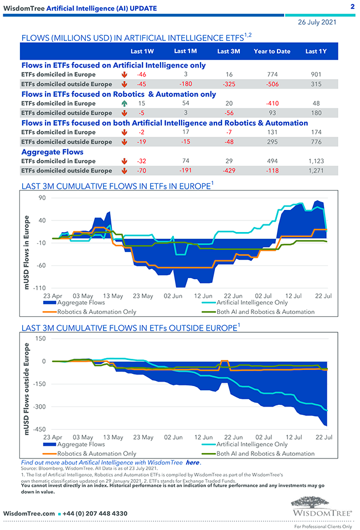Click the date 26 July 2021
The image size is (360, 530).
(x=316, y=22)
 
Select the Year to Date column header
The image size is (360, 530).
(x=272, y=52)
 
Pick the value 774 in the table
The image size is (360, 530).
(x=272, y=74)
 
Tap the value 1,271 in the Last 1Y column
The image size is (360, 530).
(x=315, y=171)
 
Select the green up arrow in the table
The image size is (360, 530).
(x=124, y=104)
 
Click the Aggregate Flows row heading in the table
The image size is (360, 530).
(x=53, y=152)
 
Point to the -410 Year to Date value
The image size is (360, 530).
(x=272, y=104)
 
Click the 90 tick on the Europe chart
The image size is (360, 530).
(x=42, y=198)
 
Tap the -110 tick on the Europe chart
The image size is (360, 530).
(x=39, y=289)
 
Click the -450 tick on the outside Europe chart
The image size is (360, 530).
(x=39, y=430)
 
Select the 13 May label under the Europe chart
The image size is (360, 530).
(x=114, y=296)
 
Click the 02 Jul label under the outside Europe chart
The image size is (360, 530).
(x=263, y=438)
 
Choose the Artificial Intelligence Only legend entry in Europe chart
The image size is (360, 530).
(x=252, y=303)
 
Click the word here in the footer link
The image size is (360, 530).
(x=192, y=462)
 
